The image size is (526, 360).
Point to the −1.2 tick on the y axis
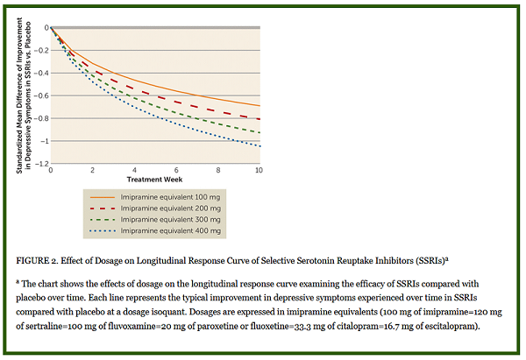pyautogui.click(x=40, y=164)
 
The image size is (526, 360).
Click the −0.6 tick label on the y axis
pyautogui.click(x=40, y=95)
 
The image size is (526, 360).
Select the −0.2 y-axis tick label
pyautogui.click(x=40, y=50)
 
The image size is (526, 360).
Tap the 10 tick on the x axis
pyautogui.click(x=259, y=170)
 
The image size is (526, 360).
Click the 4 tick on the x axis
pyautogui.click(x=134, y=170)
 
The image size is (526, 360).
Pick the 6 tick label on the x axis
pyautogui.click(x=176, y=170)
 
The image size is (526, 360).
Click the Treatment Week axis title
pyautogui.click(x=155, y=179)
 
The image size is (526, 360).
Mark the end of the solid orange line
pyautogui.click(x=259, y=106)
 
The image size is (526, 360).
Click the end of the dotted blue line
pyautogui.click(x=259, y=145)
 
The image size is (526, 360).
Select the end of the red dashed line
pyautogui.click(x=259, y=118)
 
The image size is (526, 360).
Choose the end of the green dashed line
pyautogui.click(x=259, y=133)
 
